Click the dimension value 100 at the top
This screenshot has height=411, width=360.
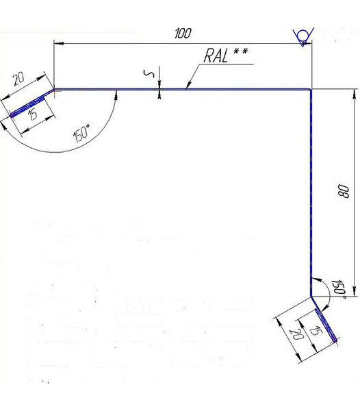183,34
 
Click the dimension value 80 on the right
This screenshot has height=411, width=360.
344,191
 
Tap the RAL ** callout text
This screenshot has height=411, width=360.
225,55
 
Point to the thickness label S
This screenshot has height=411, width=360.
149,74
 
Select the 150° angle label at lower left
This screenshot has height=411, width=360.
82,133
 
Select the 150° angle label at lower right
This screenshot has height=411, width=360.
338,290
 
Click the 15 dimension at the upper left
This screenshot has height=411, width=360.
33,115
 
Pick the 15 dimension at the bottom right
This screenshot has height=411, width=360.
316,331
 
